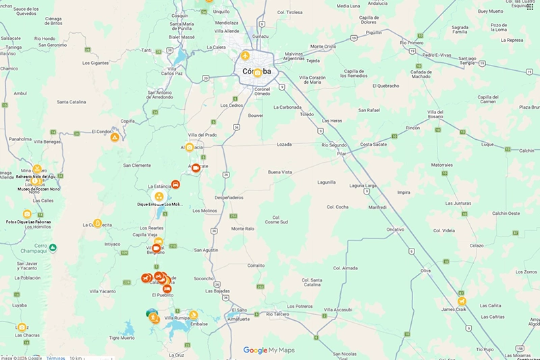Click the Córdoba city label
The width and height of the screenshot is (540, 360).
(x=256, y=71)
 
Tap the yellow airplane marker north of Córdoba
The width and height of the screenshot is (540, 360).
(x=246, y=55)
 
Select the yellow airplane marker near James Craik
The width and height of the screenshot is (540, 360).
(x=462, y=301)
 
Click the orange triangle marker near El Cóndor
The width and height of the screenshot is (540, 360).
(x=115, y=137)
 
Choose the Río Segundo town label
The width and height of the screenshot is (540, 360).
(x=333, y=145)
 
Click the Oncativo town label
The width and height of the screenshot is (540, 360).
(x=396, y=230)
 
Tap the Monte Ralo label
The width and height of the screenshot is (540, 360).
(x=243, y=228)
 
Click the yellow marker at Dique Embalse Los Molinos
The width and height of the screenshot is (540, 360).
(x=159, y=196)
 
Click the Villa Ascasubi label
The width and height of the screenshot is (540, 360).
(x=338, y=309)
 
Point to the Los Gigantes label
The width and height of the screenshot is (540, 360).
(x=95, y=63)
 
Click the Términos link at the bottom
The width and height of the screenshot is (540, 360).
(x=55, y=357)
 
